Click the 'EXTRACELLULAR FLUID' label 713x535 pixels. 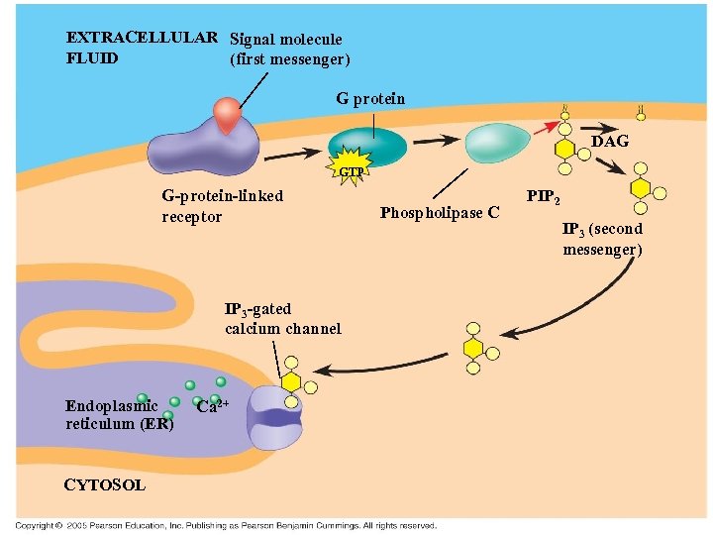142,48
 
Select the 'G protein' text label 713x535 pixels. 370,98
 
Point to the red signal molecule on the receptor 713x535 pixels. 229,115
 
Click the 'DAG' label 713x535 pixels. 610,142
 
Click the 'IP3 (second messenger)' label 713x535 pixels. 602,239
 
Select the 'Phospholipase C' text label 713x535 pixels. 440,212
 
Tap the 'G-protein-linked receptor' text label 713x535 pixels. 222,206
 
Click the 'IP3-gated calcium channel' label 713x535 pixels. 282,319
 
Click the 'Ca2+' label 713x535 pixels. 214,405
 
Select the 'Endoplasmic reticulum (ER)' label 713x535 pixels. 119,414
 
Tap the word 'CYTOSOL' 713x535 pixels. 104,484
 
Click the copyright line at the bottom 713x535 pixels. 225,524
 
